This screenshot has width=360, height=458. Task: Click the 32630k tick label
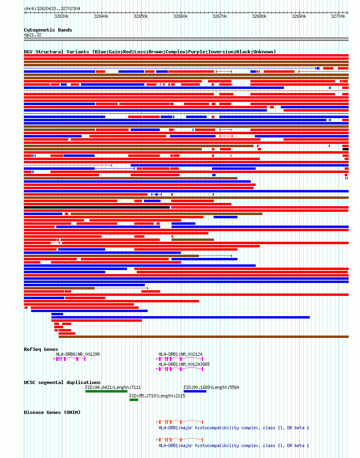click(61, 17)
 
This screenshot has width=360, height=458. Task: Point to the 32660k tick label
click(180, 17)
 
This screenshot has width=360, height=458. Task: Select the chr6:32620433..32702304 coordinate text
click(52, 8)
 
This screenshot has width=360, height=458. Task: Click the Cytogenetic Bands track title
click(48, 30)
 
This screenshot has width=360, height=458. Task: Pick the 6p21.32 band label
click(33, 35)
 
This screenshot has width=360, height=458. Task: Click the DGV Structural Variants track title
click(150, 52)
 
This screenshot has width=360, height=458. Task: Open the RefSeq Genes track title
click(41, 349)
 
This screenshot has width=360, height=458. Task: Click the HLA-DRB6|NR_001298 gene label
click(78, 354)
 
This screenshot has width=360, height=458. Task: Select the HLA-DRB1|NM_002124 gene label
click(180, 354)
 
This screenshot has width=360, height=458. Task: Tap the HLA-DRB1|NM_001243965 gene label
click(184, 364)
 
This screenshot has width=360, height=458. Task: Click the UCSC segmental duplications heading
click(62, 382)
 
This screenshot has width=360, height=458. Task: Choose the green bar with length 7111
click(106, 391)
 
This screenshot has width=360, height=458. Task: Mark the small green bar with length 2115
click(134, 400)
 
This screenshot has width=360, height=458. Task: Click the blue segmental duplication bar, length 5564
click(195, 391)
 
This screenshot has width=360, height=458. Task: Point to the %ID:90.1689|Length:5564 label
click(211, 387)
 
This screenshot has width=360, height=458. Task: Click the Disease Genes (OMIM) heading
click(52, 412)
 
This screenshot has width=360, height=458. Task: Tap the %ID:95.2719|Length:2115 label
click(157, 396)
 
